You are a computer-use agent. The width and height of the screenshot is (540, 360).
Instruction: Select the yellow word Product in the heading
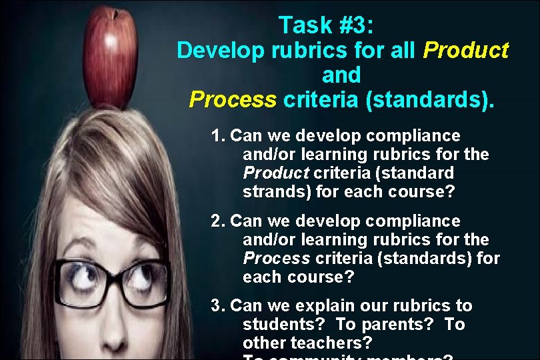tap(466, 50)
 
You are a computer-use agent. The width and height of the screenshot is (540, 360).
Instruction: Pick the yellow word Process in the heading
tap(232, 99)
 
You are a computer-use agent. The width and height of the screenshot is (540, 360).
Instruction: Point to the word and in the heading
tap(341, 74)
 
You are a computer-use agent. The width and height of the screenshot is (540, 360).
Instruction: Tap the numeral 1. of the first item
tap(217, 136)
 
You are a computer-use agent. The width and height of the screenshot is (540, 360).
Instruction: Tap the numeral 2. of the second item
tap(217, 221)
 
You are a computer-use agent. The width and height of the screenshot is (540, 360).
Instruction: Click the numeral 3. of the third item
tap(217, 306)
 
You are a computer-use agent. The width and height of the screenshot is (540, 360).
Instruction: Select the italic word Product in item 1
tap(275, 173)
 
